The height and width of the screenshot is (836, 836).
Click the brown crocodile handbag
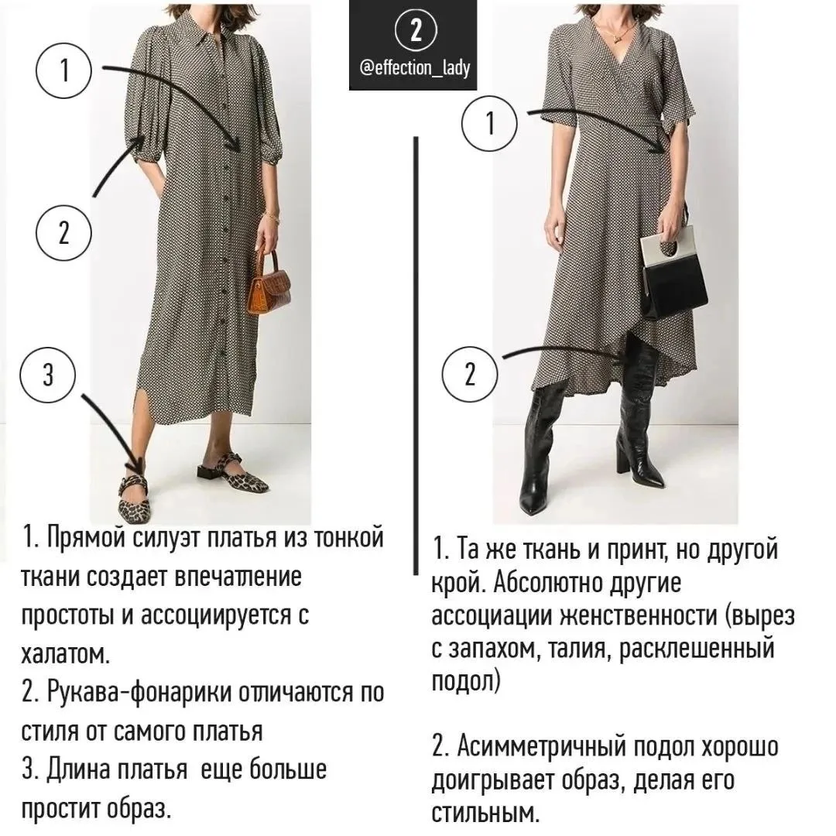click(x=269, y=283)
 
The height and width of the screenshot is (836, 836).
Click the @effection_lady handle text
click(x=416, y=67)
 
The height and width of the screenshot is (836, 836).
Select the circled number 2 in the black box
click(x=416, y=30)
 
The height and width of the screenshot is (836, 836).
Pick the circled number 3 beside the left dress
click(x=48, y=375)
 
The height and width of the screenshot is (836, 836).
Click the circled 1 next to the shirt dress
click(x=64, y=70)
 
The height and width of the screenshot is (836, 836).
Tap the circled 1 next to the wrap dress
click(x=490, y=124)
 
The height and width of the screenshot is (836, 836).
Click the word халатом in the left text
click(x=66, y=653)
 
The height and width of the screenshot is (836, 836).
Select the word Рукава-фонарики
click(x=139, y=693)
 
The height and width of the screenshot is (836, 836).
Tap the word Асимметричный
click(x=541, y=747)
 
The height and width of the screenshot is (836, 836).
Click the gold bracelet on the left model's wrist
click(x=273, y=217)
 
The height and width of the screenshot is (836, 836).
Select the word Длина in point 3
click(x=79, y=770)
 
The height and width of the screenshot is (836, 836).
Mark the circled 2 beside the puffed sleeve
click(x=63, y=233)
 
